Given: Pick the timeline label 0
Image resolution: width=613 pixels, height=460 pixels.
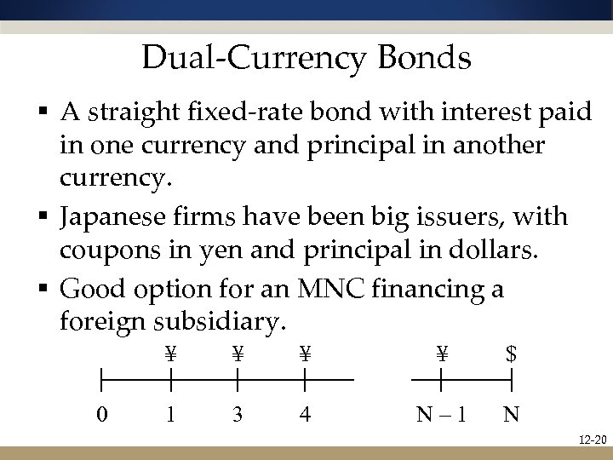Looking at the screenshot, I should pos(101,415).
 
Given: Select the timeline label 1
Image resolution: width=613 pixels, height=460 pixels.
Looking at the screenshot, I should pos(171,415).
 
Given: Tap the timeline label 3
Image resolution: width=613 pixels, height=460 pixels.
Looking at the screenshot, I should pos(238,415).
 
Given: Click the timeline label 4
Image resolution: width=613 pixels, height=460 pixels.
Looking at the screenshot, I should pos(305,415).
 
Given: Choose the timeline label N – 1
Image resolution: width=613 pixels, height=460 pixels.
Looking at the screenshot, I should pos(442,415).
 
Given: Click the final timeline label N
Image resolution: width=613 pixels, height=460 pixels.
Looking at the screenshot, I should pos(511,415).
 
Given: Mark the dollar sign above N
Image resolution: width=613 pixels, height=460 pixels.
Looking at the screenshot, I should pos(511,353).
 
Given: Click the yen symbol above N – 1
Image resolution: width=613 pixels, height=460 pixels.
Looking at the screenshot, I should pos(442,353).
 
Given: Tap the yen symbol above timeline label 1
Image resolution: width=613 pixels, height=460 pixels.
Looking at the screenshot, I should pos(171,353).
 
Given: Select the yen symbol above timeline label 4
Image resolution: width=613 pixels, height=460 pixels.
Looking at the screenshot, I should pos(305,353).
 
